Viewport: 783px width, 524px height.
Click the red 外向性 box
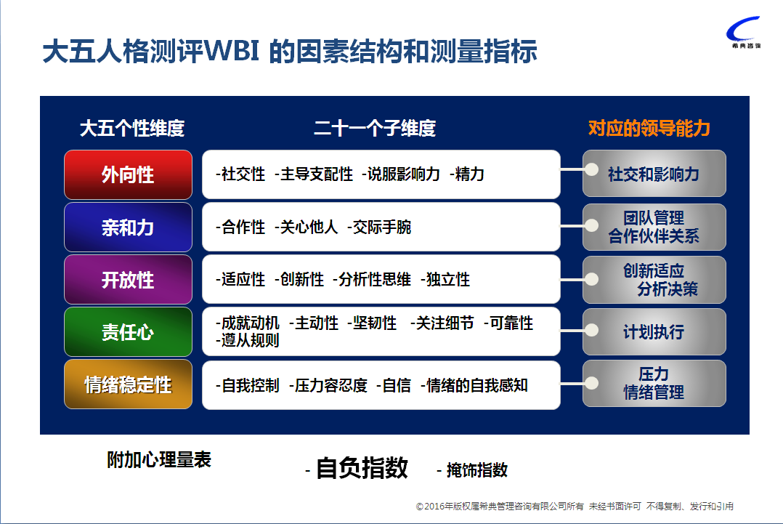point(128,174)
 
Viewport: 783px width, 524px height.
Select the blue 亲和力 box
point(128,227)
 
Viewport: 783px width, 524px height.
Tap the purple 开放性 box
point(128,280)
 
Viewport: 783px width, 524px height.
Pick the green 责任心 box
point(128,331)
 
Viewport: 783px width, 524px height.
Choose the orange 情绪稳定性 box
point(128,384)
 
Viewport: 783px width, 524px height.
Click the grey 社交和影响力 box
point(654,174)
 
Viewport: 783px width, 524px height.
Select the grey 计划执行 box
point(654,331)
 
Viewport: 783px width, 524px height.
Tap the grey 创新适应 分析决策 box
point(654,280)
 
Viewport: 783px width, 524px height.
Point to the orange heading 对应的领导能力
point(649,129)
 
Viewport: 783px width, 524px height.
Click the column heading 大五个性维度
point(132,129)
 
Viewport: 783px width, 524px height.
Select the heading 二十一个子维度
point(375,129)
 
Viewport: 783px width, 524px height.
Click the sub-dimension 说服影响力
point(404,174)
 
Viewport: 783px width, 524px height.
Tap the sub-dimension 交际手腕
point(382,227)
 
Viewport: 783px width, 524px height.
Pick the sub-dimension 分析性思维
point(375,280)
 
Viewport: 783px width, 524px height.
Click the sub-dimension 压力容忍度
point(331,386)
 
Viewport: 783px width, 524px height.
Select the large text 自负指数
point(362,468)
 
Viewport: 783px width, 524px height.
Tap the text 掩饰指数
point(477,470)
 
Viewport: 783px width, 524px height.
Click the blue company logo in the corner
point(744,32)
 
